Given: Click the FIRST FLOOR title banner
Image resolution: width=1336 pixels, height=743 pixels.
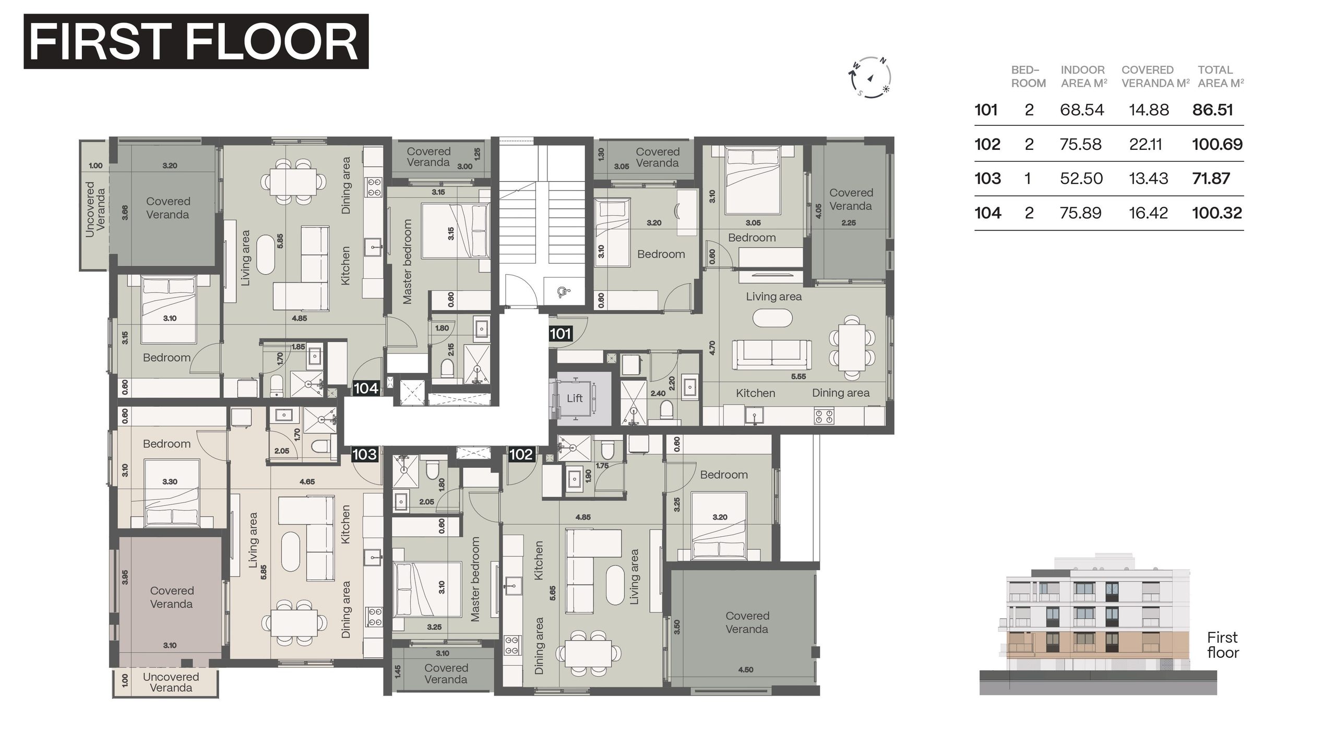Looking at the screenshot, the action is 196,41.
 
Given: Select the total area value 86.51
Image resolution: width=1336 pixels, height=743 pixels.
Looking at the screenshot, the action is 1213,110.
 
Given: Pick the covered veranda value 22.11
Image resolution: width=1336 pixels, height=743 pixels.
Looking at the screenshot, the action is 1146,144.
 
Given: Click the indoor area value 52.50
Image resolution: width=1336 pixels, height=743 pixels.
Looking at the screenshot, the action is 1081,179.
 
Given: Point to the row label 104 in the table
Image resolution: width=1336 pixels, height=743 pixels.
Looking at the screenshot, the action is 988,213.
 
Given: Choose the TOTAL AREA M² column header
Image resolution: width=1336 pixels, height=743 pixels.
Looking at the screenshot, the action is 1221,76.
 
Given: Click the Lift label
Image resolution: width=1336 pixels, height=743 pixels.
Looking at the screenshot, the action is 575,398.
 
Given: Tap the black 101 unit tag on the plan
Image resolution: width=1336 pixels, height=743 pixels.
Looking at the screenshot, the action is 560,334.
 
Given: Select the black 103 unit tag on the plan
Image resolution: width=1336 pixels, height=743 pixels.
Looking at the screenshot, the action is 364,454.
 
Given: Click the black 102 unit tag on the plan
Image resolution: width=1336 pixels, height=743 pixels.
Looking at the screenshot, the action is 521,454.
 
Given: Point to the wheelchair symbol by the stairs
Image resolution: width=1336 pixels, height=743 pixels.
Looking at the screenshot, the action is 564,292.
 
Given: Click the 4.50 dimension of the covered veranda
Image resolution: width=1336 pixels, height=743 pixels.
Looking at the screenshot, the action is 746,669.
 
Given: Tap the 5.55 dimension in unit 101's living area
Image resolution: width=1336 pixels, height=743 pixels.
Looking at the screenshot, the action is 798,376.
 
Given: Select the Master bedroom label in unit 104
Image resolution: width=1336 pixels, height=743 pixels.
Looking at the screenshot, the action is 408,261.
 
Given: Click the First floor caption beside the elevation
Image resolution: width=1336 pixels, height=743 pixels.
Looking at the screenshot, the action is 1223,645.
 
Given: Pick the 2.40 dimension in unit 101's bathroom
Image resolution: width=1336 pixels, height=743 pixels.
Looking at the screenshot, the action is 658,393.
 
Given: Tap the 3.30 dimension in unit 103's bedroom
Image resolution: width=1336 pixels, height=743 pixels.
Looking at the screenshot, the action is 170,481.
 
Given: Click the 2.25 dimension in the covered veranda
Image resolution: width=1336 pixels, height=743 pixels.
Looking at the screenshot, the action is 849,222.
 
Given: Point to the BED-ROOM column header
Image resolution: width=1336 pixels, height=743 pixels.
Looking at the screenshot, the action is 1028,76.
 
